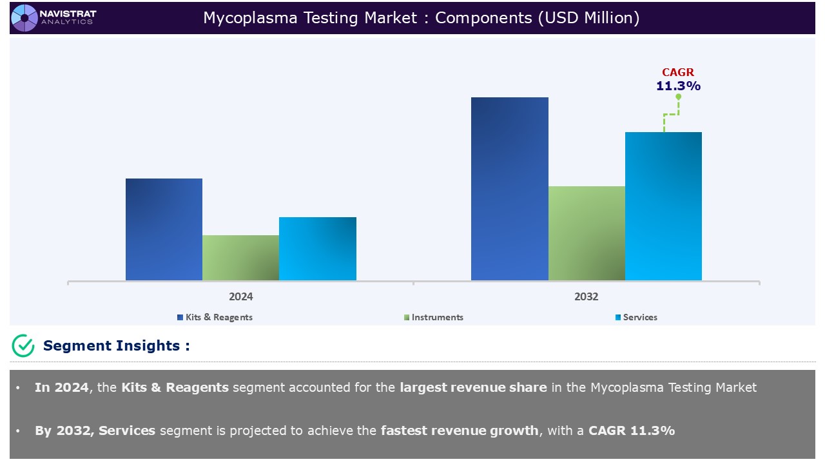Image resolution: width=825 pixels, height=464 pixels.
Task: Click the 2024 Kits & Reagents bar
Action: (x=164, y=229)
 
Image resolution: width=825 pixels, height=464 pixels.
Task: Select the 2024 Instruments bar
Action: (x=240, y=258)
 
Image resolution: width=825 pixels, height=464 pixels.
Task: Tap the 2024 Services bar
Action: (x=317, y=249)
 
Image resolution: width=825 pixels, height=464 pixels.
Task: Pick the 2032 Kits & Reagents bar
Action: (x=509, y=189)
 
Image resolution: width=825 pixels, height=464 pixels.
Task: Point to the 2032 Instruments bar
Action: (x=587, y=233)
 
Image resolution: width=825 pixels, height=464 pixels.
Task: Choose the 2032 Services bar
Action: (x=663, y=206)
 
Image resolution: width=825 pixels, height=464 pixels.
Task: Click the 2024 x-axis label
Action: (x=240, y=296)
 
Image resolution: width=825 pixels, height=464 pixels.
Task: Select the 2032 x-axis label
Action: (x=586, y=296)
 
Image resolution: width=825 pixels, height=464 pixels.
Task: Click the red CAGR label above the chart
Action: (x=678, y=73)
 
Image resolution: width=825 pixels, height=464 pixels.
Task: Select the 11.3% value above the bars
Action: (x=678, y=86)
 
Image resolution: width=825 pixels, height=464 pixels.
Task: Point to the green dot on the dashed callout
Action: (x=678, y=97)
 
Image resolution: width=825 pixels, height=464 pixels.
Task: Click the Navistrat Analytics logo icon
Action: (x=24, y=17)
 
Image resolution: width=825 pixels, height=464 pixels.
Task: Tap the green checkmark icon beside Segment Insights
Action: (x=23, y=345)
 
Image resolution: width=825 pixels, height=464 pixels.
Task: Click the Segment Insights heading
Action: (x=116, y=345)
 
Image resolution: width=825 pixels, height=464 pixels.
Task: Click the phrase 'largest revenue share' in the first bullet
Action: (x=473, y=387)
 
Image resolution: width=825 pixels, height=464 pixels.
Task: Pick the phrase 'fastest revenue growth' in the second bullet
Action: (x=459, y=430)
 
